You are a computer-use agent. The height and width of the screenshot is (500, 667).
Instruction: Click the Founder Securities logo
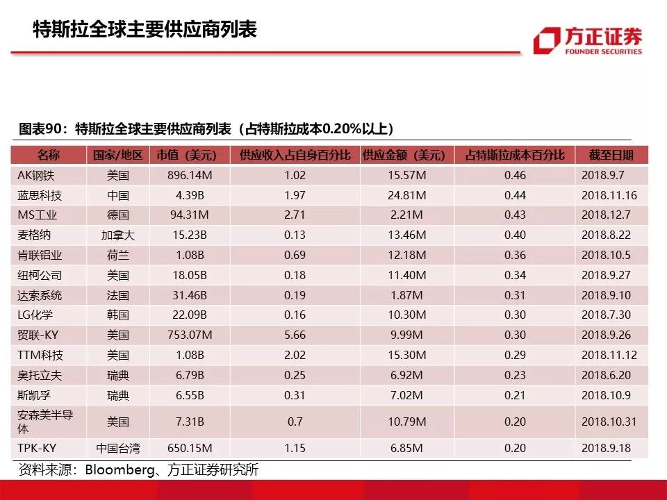click(x=588, y=41)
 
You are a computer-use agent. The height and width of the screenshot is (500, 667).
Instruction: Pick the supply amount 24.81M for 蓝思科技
click(x=407, y=195)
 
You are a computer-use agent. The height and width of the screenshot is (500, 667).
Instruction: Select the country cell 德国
click(x=118, y=215)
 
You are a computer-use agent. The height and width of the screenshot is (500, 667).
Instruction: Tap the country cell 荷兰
click(x=118, y=256)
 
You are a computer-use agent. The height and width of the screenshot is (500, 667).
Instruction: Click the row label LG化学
click(x=40, y=315)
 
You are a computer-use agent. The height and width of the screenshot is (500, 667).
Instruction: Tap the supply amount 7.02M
click(x=407, y=396)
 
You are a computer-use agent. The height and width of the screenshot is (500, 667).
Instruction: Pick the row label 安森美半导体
click(x=45, y=422)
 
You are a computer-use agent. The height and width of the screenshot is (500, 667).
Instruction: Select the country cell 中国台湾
click(x=118, y=449)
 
